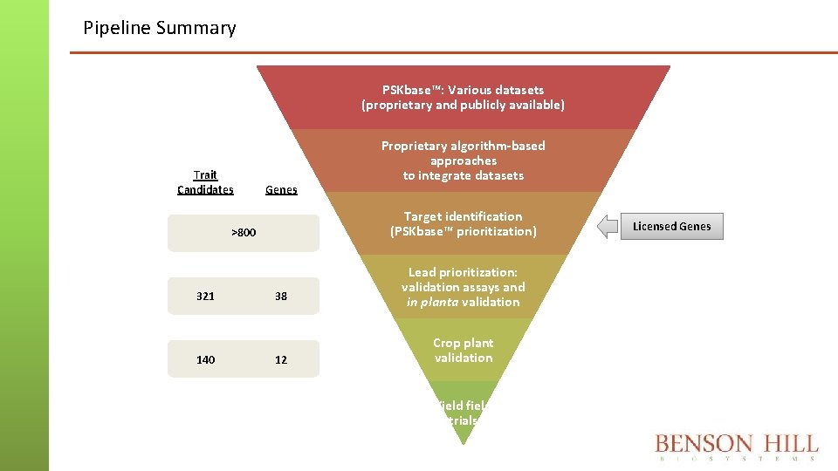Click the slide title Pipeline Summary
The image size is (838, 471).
[x=159, y=28]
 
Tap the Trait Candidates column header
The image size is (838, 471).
[x=205, y=182]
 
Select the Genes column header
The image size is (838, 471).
[x=281, y=189]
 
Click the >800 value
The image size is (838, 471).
[x=244, y=233]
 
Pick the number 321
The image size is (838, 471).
[x=205, y=297]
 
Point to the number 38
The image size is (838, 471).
[x=281, y=297]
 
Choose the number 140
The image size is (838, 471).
[x=205, y=359]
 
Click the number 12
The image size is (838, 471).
[x=281, y=359]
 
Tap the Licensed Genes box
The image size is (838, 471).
[x=672, y=227]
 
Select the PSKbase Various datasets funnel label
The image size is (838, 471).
[x=463, y=97]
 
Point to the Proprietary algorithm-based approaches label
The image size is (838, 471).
[x=463, y=160]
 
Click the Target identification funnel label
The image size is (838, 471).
[x=463, y=223]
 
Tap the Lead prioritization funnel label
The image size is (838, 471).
[x=463, y=287]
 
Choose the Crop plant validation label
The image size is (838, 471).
[x=463, y=351]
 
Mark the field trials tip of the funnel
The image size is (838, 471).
[x=463, y=413]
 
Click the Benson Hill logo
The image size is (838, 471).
[x=736, y=447]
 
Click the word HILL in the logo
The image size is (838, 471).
[x=784, y=443]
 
